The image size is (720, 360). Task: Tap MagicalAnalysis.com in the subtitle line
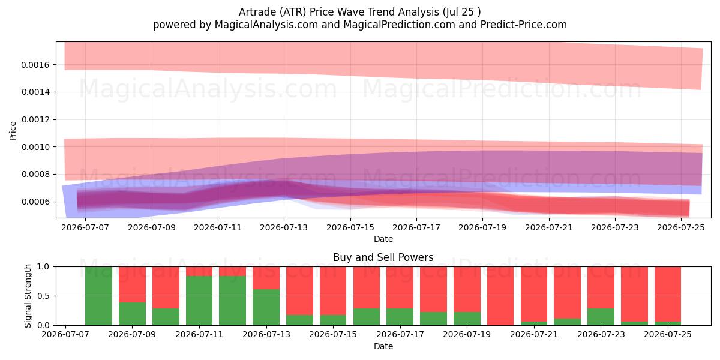[x=266, y=25]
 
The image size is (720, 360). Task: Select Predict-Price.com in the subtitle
[x=524, y=25]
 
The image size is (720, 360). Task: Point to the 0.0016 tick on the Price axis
[x=35, y=65]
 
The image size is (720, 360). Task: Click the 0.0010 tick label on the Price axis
[x=35, y=147]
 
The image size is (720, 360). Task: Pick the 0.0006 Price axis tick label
[x=35, y=202]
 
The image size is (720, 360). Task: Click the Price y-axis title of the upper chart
[x=13, y=131]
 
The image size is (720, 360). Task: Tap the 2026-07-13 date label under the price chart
[x=284, y=227]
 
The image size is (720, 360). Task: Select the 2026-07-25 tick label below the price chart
[x=681, y=227]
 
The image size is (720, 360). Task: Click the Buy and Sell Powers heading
[x=383, y=257]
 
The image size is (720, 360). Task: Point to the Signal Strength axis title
[x=28, y=296]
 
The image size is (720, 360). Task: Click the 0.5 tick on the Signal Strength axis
[x=43, y=296]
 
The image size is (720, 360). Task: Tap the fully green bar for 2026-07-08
[x=98, y=296]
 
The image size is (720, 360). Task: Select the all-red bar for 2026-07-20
[x=500, y=296]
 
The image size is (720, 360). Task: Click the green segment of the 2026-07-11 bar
[x=199, y=301]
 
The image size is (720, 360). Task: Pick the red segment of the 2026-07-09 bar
[x=132, y=284]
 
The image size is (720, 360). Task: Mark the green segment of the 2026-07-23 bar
[x=601, y=317]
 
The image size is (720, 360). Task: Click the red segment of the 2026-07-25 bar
[x=668, y=295]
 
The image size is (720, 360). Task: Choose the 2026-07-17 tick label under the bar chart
[x=400, y=335]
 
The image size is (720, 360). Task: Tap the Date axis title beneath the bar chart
[x=383, y=346]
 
